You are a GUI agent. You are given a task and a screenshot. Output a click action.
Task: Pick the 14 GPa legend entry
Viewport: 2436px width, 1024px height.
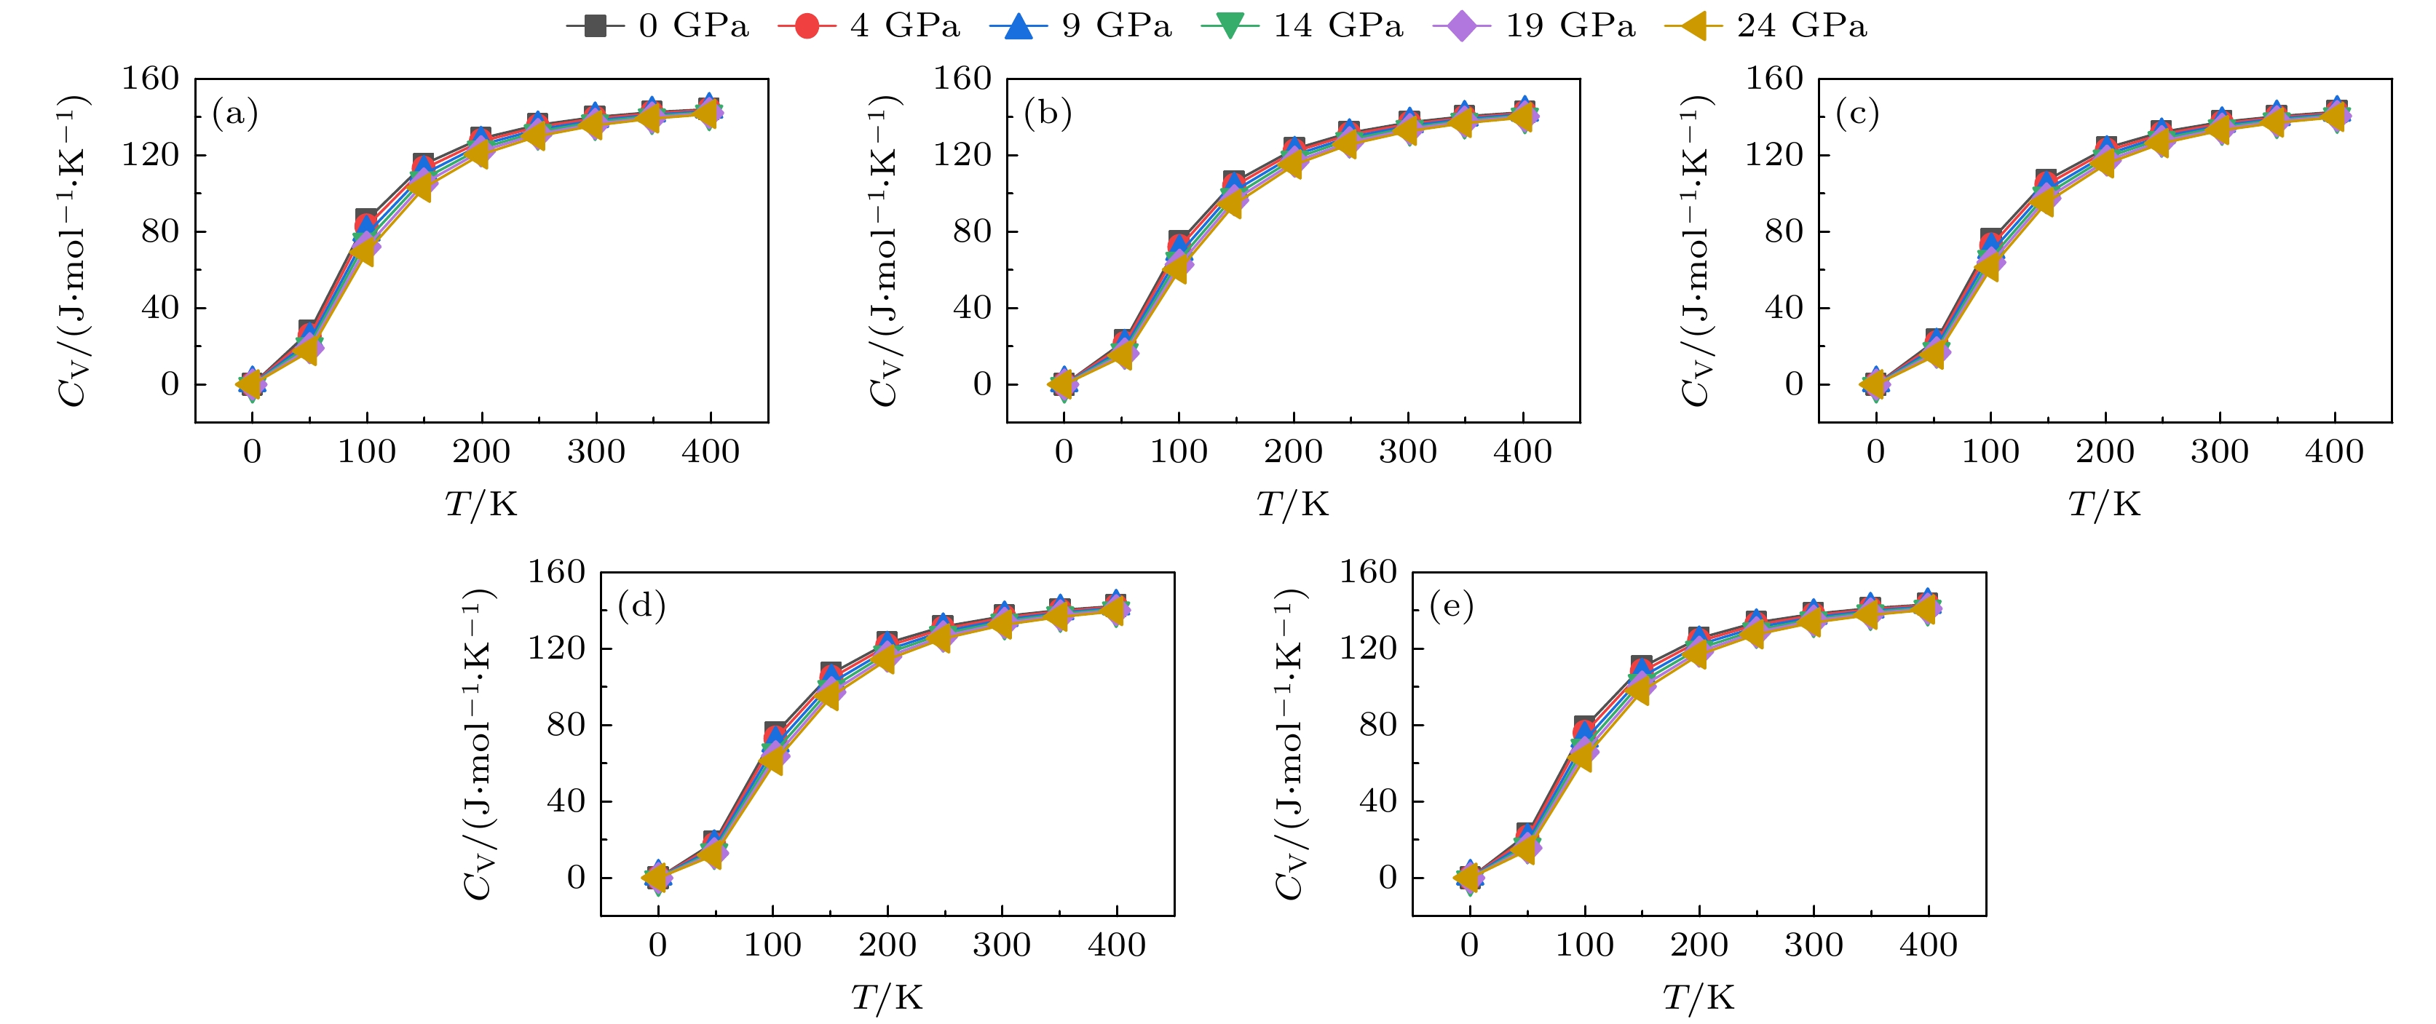[1303, 25]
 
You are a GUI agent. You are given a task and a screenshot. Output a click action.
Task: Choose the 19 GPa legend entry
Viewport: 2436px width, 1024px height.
[1535, 25]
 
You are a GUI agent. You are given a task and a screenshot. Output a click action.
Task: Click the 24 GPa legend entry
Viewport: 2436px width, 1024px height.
[1766, 25]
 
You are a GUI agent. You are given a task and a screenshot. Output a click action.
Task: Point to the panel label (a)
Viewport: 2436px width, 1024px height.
[234, 114]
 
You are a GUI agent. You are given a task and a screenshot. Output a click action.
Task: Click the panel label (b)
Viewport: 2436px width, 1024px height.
[1047, 114]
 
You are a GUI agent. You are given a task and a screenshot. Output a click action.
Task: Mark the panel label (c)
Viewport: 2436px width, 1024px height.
[1857, 114]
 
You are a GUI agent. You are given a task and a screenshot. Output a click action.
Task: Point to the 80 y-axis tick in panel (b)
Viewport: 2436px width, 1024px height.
[971, 231]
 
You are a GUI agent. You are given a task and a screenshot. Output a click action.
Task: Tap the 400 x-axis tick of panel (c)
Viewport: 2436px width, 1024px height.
[2334, 452]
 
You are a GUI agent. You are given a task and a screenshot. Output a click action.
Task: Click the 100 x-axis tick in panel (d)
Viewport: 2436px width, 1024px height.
[772, 945]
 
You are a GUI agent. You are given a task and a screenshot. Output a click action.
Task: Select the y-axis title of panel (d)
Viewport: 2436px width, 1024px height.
[478, 743]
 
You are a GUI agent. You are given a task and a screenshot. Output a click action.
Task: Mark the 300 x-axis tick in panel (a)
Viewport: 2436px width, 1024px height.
[596, 452]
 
